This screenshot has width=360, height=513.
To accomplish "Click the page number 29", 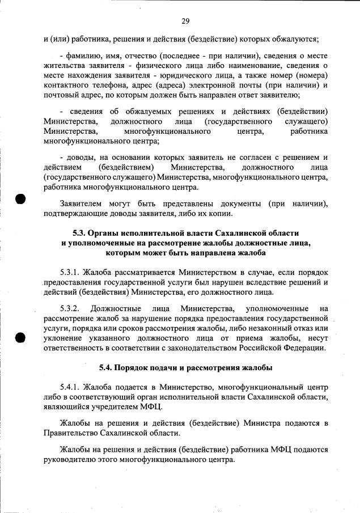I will pyautogui.click(x=185, y=22).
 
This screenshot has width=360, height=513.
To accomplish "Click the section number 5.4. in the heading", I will pyautogui.click(x=109, y=368).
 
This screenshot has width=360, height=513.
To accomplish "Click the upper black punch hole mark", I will pyautogui.click(x=21, y=200).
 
